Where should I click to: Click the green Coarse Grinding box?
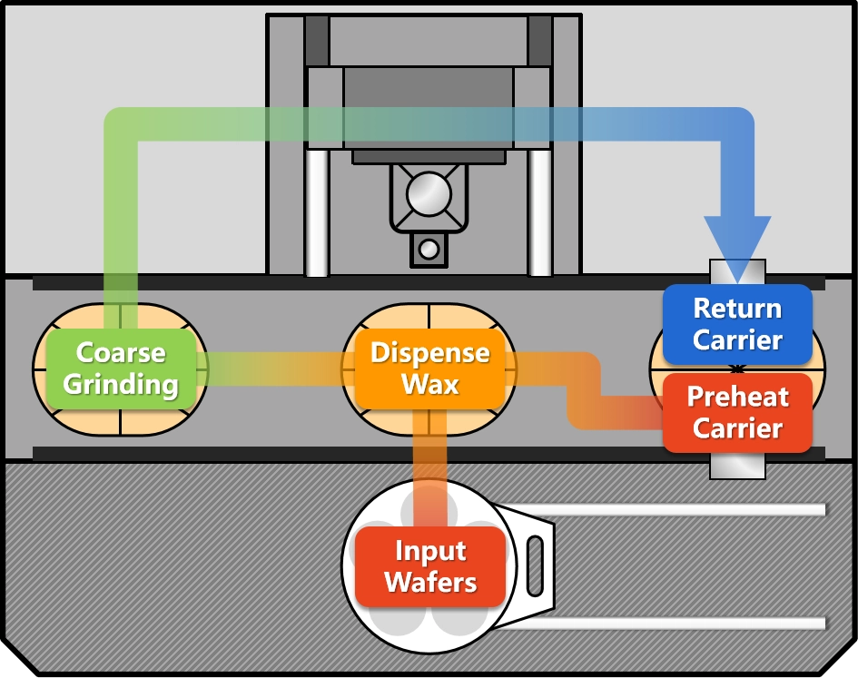point(121,368)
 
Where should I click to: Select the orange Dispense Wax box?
point(429,368)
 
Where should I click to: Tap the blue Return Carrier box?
point(737,324)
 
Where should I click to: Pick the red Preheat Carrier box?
point(737,413)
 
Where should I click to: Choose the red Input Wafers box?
point(429,567)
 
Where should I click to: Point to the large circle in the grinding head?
point(429,194)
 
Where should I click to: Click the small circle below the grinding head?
point(429,248)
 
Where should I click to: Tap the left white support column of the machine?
point(316,213)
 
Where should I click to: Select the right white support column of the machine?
point(540,213)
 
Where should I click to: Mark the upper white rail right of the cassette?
point(672,509)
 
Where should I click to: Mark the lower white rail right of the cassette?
point(672,623)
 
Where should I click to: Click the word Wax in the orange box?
point(429,384)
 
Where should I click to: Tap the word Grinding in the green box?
point(121,385)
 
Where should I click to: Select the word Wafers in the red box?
point(429,583)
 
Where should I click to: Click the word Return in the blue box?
point(737,309)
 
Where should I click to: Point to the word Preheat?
point(737,398)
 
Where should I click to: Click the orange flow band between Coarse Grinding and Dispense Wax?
point(272,368)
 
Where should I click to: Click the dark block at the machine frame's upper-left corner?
point(317,41)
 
